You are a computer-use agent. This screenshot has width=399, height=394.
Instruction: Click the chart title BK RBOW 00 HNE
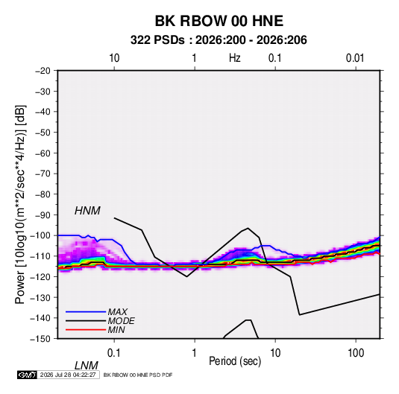(219, 21)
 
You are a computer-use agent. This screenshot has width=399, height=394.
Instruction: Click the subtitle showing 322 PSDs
(219, 40)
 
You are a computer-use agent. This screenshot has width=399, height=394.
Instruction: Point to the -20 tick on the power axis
(43, 71)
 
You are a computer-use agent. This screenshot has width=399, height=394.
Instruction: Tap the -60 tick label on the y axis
(43, 153)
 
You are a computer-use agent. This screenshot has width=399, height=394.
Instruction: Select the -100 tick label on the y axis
(41, 235)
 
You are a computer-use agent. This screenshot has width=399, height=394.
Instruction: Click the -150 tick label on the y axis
(41, 339)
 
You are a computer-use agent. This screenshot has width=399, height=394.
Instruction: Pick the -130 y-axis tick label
(41, 297)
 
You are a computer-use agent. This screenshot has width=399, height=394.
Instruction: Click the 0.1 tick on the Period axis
(113, 353)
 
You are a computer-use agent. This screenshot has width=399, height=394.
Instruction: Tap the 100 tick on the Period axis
(356, 353)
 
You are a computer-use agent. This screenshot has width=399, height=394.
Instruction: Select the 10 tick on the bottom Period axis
(275, 353)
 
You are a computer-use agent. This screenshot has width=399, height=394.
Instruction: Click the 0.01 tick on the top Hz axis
(355, 58)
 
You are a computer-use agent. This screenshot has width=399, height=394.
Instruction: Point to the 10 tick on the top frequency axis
(114, 58)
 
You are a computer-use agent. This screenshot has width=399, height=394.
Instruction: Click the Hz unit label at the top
(235, 58)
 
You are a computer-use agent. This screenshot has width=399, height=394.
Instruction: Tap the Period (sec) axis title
(235, 361)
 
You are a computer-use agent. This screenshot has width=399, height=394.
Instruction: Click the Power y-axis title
(20, 205)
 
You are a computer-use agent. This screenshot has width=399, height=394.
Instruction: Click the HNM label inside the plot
(87, 211)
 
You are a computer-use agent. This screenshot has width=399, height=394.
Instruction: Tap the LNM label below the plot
(86, 366)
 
